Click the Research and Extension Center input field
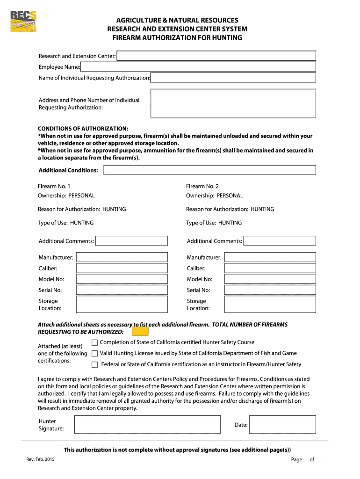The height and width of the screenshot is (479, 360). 216,56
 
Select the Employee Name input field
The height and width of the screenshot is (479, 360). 198,67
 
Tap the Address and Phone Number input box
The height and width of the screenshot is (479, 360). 233,103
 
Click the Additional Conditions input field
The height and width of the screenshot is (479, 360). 209,170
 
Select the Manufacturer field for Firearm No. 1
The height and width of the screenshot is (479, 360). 122,257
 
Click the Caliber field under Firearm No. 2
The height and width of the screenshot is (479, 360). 270,269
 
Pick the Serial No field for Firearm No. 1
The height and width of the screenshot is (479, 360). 122,290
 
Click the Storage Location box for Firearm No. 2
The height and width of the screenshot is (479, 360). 270,305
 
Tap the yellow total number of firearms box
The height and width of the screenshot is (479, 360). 140,331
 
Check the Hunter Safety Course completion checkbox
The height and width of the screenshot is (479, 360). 95,343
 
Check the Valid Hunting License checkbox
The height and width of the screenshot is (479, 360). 95,354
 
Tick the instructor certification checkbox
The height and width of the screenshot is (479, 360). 95,364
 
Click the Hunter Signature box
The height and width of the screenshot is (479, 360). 147,425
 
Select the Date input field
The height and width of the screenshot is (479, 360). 283,425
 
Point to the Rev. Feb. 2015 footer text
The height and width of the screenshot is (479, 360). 41,460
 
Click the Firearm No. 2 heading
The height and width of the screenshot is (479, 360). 202,186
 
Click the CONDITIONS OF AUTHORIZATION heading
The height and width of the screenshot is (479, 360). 83,128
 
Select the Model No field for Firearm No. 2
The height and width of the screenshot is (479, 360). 270,279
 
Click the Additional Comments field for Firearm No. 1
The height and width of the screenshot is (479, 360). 131,241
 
